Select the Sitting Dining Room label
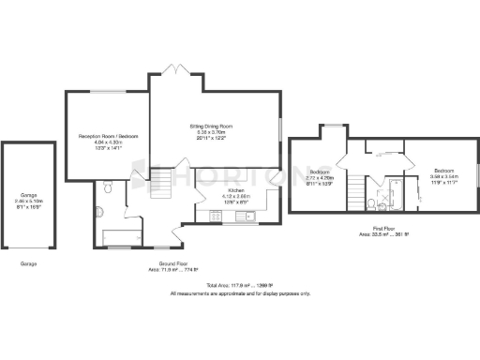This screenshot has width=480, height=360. point(214,130)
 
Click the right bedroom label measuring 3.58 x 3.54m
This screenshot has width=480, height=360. point(442,175)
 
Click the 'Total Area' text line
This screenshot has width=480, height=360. point(239,284)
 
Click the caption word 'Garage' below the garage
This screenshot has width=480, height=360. point(28,264)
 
